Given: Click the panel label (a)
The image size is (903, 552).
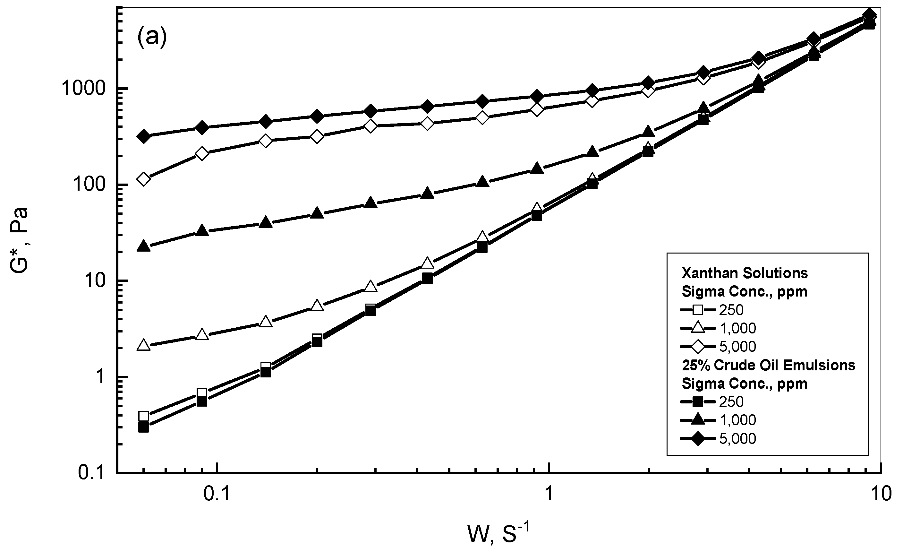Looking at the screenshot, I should click(x=152, y=37).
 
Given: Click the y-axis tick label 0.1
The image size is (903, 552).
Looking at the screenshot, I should click(x=92, y=473).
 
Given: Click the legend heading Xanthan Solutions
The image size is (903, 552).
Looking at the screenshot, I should click(x=745, y=273).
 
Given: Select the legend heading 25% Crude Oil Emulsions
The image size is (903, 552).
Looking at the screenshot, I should click(x=769, y=365).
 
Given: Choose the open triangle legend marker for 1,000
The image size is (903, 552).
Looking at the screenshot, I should click(x=698, y=328).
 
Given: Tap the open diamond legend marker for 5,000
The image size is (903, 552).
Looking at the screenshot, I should click(x=698, y=346).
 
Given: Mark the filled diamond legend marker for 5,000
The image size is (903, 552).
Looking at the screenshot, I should click(x=698, y=439).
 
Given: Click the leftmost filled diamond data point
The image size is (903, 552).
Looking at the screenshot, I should click(x=144, y=136).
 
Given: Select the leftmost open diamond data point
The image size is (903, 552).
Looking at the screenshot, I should click(x=144, y=179).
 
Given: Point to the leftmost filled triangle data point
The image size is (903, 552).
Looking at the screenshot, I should click(x=144, y=246).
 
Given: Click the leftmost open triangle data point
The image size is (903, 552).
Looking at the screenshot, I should click(x=144, y=346).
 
